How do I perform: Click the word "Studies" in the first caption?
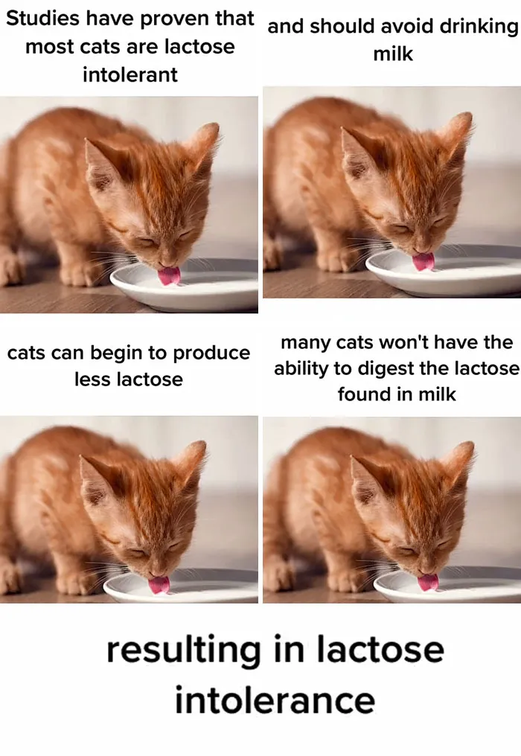point(42,19)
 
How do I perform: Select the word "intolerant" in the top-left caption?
point(130,74)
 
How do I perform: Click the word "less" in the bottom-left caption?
point(92,379)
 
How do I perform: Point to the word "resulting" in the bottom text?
point(183,651)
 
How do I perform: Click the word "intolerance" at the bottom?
point(275,700)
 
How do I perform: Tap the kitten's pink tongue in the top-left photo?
point(169,275)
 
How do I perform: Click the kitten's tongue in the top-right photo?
point(423,261)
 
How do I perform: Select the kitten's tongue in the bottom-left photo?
point(159,585)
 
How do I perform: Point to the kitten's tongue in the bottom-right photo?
point(428,582)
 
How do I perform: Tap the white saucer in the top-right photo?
point(444,273)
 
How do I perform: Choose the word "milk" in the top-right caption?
point(393,54)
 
